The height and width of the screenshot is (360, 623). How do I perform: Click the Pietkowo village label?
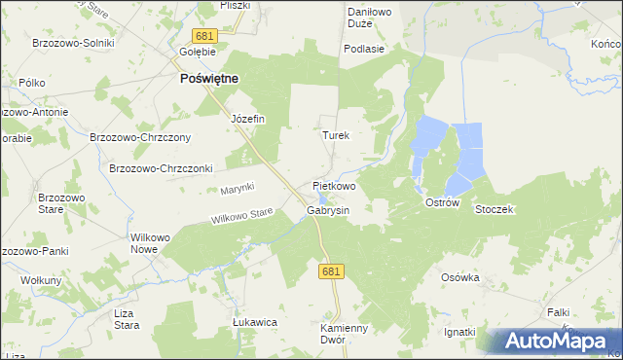point(334,185)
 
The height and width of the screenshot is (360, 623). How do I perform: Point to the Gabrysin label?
point(327,209)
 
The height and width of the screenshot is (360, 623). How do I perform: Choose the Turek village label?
point(335,136)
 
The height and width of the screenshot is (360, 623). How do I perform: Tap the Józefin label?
point(247,119)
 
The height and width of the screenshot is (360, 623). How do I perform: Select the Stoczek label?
point(494,209)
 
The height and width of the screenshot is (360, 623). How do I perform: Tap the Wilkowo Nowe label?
point(151,243)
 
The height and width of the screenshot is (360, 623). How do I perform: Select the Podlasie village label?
point(364,48)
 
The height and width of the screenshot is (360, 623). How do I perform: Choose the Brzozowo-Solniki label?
point(74,43)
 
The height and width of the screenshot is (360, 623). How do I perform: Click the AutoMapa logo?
point(557,342)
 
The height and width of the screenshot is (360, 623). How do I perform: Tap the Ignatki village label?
point(459,332)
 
